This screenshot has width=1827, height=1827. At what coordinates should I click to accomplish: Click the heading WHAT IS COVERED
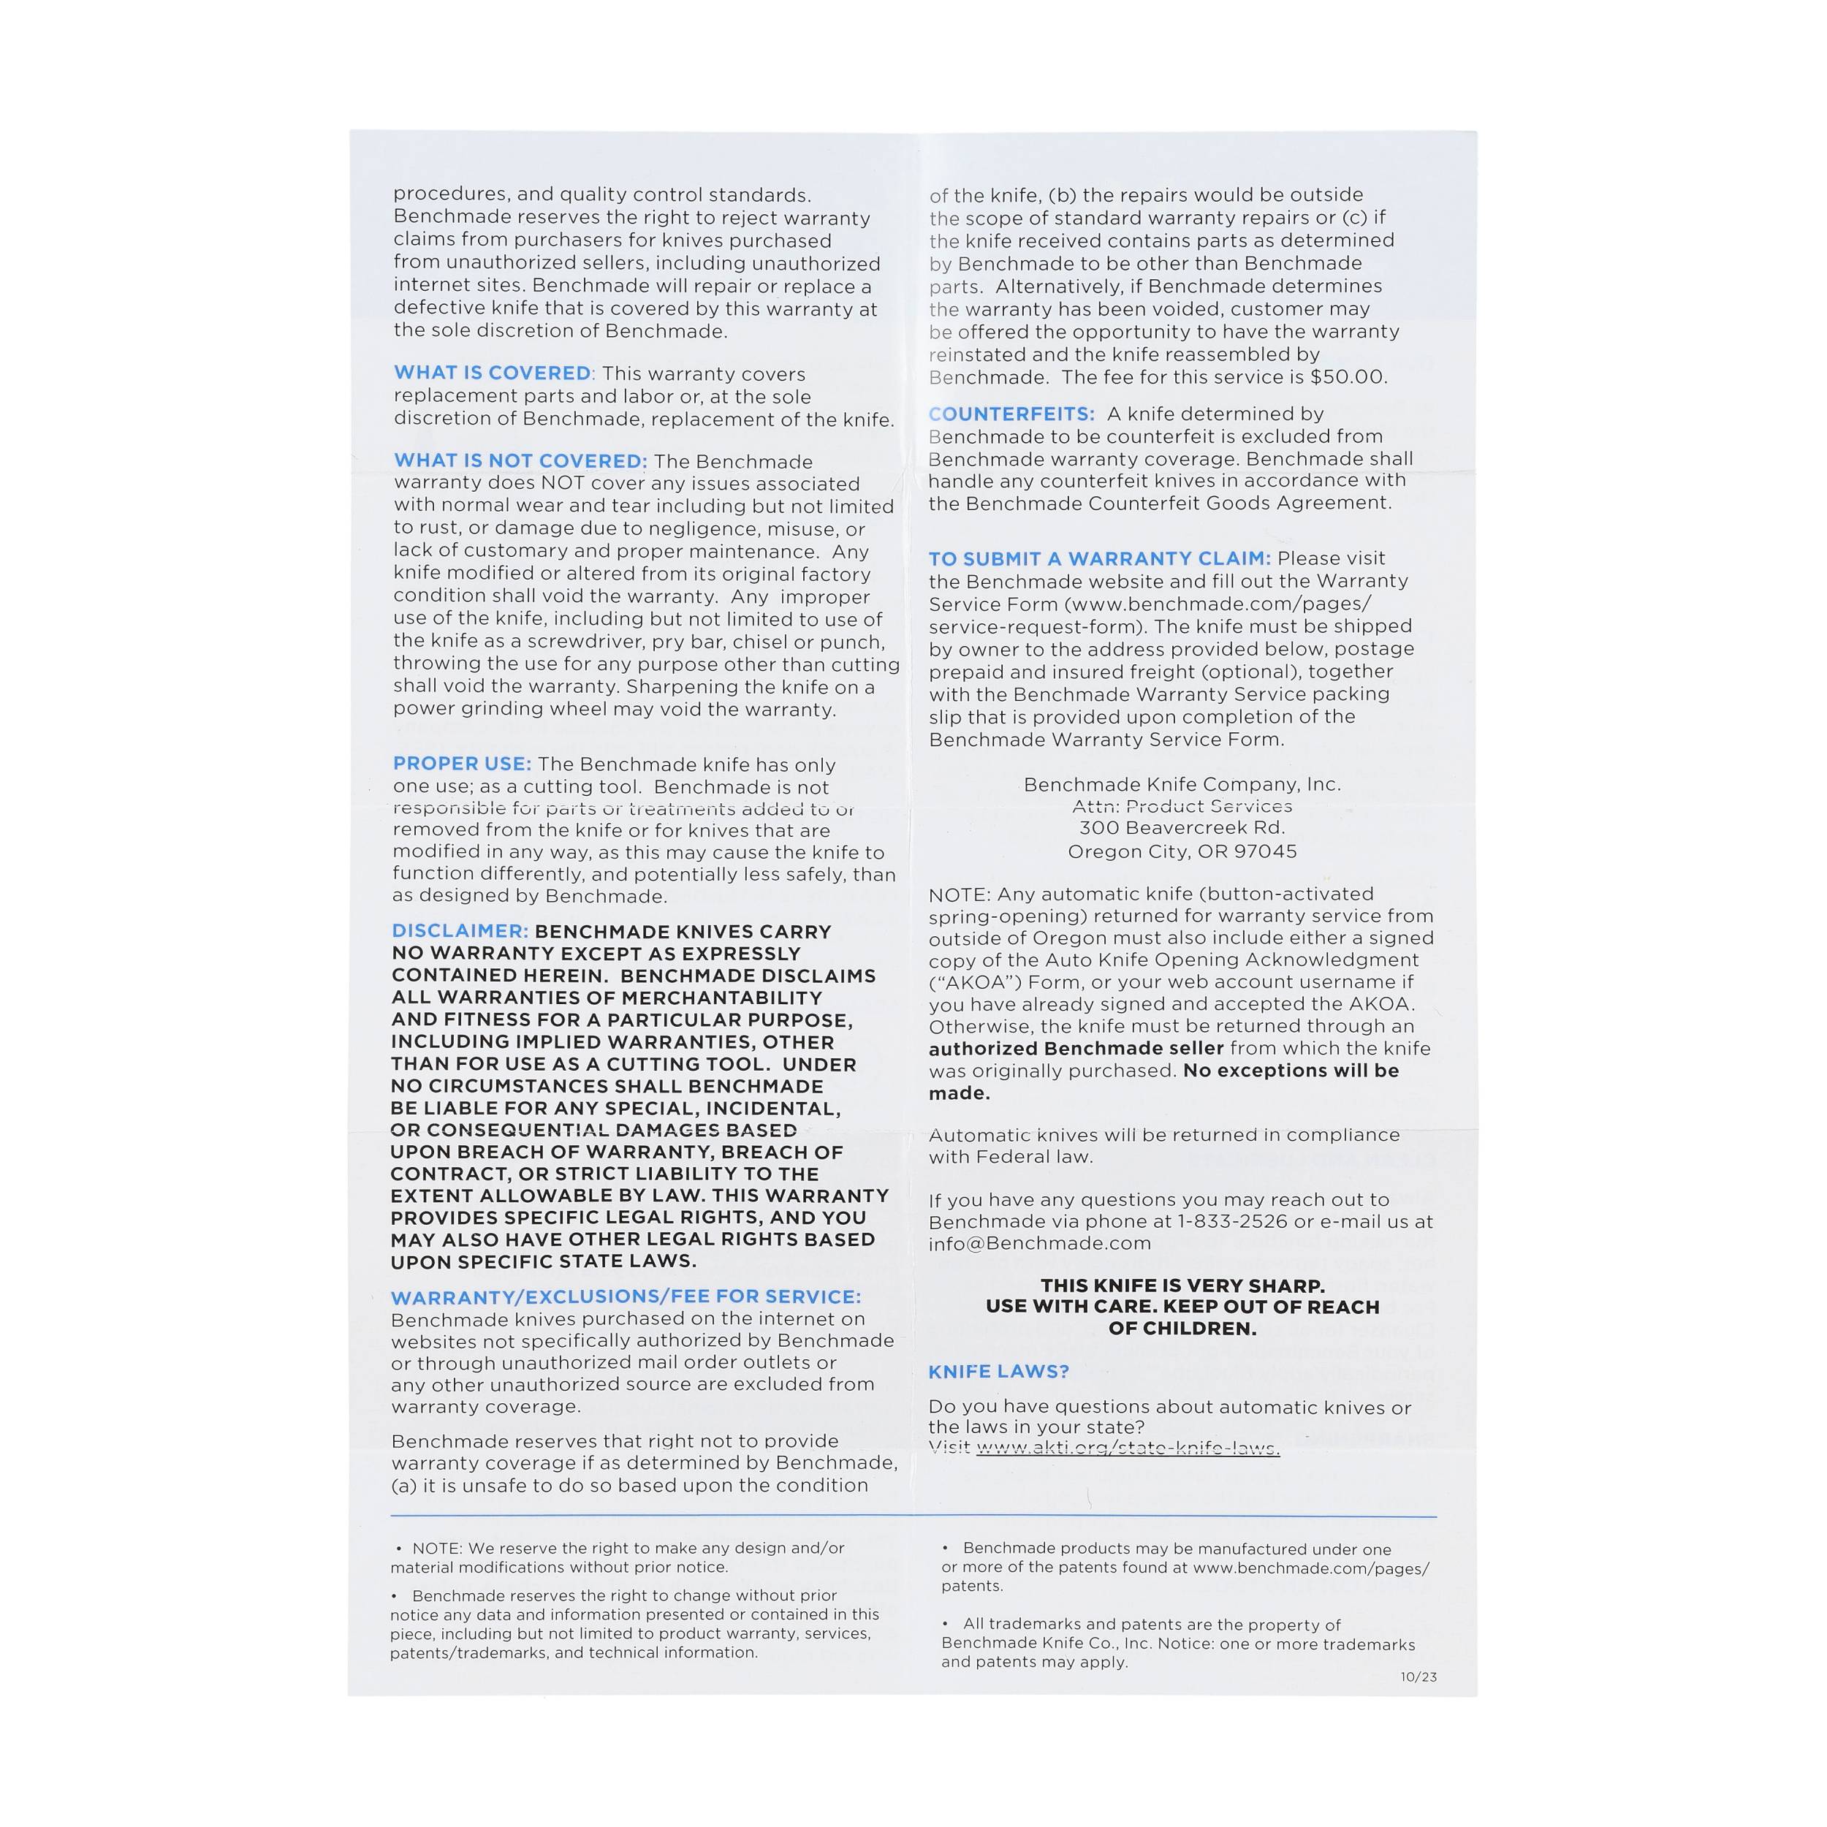coord(492,373)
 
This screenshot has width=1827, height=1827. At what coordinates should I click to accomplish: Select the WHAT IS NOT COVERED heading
coord(520,461)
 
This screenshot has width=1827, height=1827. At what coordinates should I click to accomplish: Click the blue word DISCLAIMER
coord(460,932)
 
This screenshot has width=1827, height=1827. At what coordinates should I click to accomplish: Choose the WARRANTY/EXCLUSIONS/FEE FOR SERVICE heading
coord(626,1296)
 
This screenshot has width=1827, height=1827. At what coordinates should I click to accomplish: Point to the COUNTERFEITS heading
coord(1011,414)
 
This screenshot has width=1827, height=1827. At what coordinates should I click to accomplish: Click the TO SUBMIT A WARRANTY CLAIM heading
coord(1099,559)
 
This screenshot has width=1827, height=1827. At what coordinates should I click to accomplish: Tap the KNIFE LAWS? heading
coord(998,1371)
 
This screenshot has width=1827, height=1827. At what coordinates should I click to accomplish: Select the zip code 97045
coord(1264,851)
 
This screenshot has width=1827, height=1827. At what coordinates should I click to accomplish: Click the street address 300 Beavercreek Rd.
coord(1182,827)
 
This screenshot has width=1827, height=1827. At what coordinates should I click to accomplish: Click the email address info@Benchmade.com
coord(1039,1244)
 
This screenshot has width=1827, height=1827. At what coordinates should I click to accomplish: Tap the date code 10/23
coord(1418,1676)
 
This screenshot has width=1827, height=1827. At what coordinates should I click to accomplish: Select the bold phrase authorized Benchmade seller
coord(1075,1048)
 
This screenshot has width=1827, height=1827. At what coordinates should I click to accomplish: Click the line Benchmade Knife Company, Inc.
coord(1182,784)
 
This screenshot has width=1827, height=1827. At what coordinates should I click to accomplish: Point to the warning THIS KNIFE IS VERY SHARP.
coord(1182,1286)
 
